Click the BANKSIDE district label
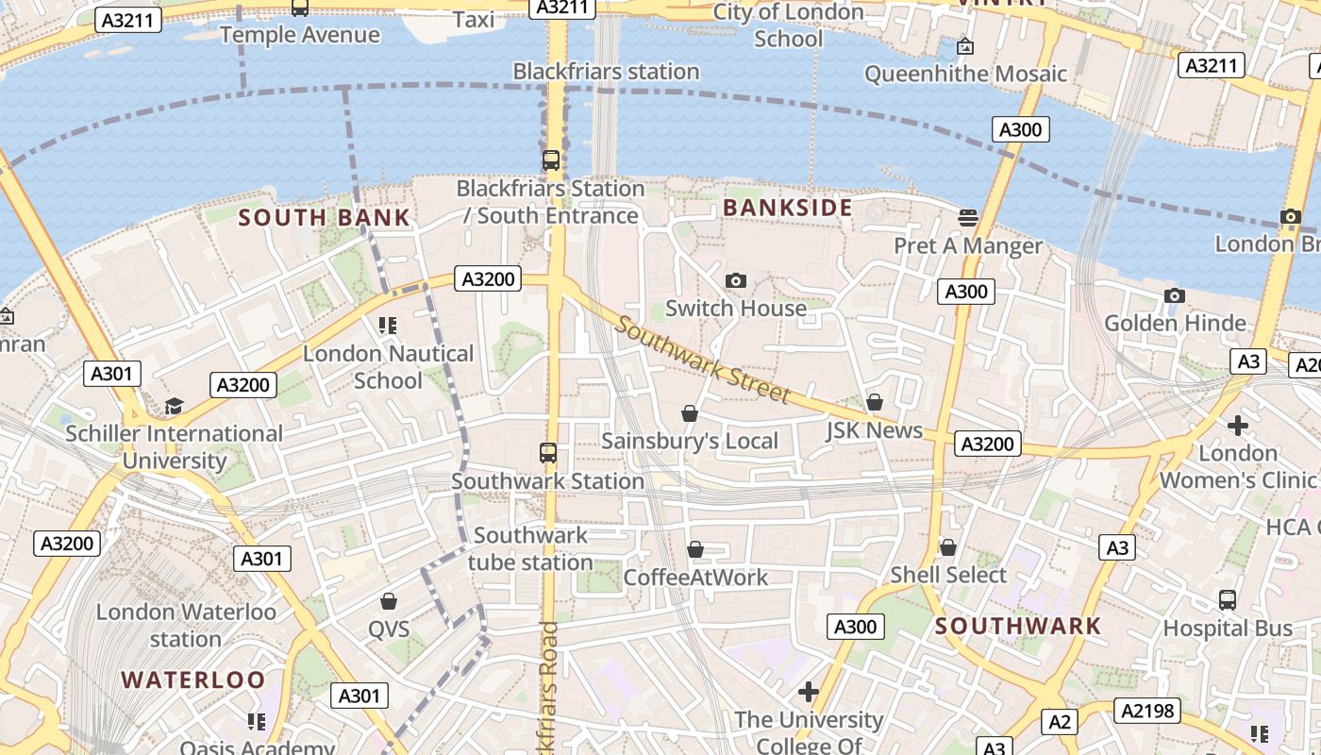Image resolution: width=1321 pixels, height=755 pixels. [788, 208]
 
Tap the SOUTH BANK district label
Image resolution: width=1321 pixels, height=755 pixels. [324, 218]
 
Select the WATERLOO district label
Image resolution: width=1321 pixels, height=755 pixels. [193, 679]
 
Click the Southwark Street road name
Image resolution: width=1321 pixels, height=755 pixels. [703, 358]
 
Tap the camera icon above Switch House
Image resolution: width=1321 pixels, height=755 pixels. [736, 280]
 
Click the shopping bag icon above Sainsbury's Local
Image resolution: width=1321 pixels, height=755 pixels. [690, 413]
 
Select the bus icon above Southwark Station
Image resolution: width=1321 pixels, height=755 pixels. [548, 452]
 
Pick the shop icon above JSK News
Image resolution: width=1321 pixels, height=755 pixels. [875, 402]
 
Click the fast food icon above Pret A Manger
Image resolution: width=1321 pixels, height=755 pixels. [967, 218]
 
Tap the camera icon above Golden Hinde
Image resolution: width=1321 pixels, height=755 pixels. [1175, 295]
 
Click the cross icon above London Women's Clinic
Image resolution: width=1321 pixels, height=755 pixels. [1238, 426]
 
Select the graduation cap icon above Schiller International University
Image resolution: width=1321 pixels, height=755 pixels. [174, 406]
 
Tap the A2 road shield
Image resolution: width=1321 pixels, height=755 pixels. [1060, 722]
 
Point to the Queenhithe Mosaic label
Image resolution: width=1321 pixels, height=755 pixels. [965, 74]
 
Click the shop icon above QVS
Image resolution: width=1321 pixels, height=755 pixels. [389, 601]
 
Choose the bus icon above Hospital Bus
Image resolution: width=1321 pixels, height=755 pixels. [1228, 600]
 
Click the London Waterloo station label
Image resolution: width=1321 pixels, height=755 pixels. [186, 625]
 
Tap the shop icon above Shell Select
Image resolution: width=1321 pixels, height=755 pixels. [948, 547]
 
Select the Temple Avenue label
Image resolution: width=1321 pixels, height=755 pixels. [300, 35]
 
